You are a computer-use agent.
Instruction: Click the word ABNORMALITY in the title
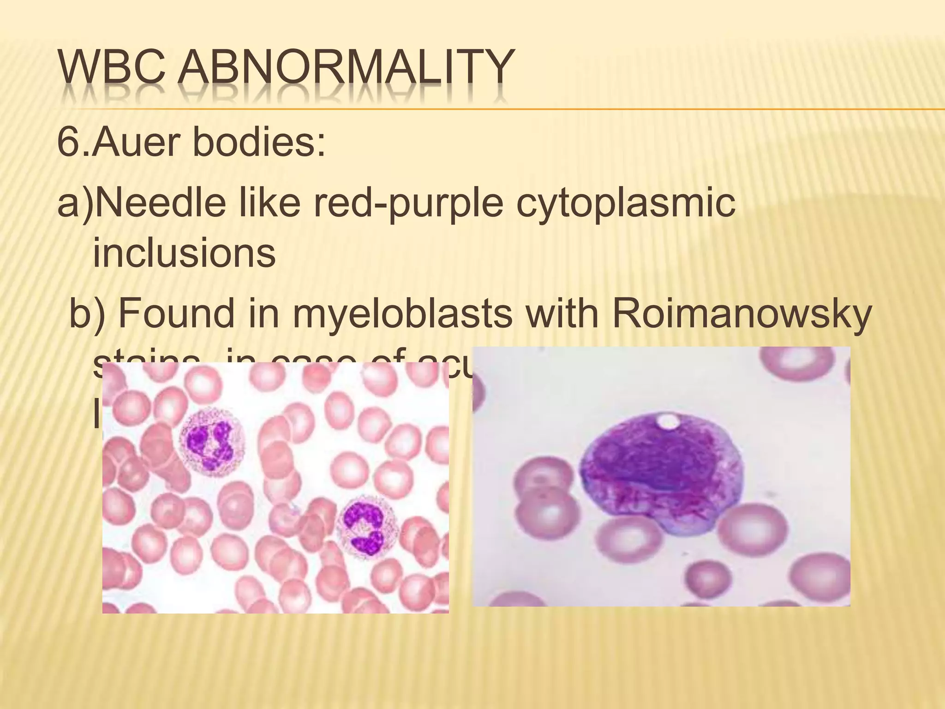(x=346, y=74)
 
